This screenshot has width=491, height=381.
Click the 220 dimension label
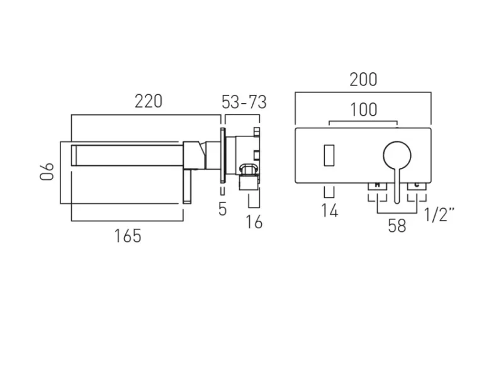pyautogui.click(x=149, y=101)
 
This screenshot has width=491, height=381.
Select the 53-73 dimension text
pyautogui.click(x=244, y=102)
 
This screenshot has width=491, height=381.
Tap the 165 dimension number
pyautogui.click(x=128, y=236)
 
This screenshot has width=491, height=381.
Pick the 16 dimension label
pyautogui.click(x=254, y=221)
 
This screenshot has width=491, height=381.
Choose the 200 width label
pyautogui.click(x=363, y=80)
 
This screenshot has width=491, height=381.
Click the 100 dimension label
pyautogui.click(x=364, y=110)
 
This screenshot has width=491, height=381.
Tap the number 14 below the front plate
pyautogui.click(x=329, y=211)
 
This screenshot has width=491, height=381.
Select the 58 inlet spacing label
pyautogui.click(x=397, y=226)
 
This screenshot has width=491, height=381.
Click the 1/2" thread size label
pyautogui.click(x=439, y=216)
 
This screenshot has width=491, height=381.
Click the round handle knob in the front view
pyautogui.click(x=397, y=155)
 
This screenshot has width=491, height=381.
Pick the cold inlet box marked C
pyautogui.click(x=417, y=185)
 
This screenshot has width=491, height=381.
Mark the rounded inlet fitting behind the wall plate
pyautogui.click(x=249, y=169)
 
